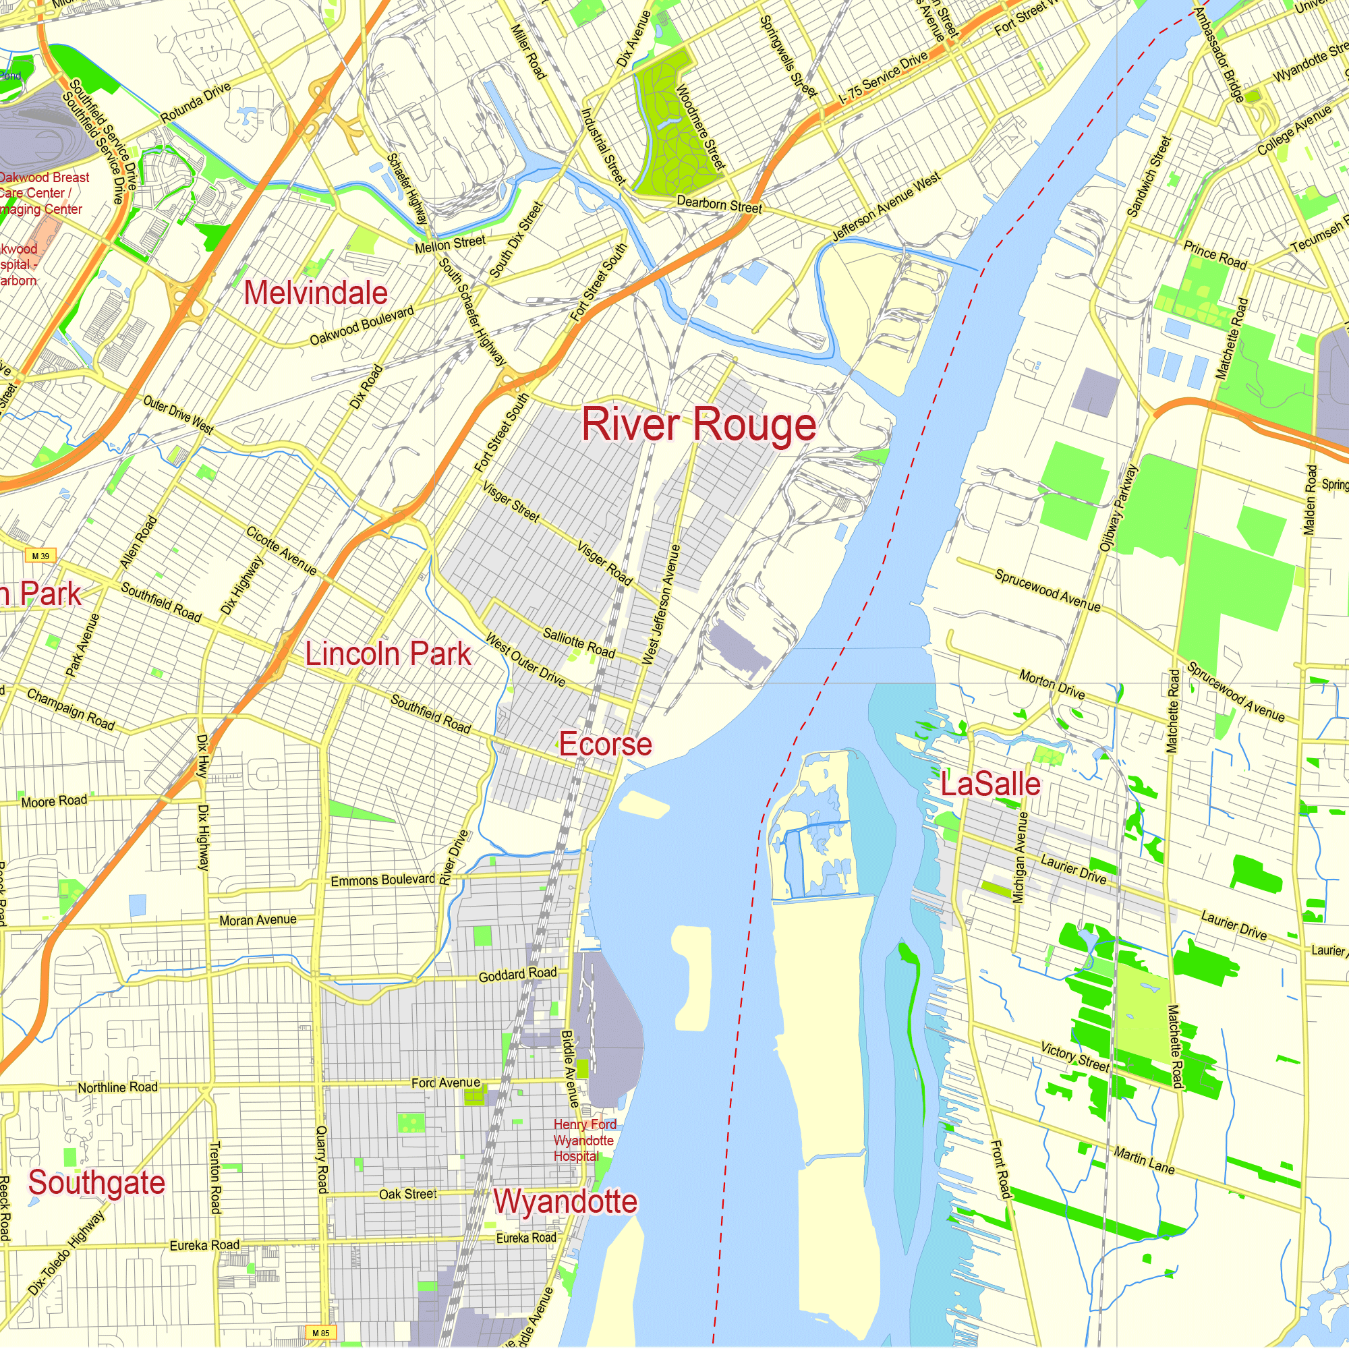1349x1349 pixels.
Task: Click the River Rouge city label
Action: (x=699, y=424)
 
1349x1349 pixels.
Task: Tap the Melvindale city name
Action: (x=316, y=293)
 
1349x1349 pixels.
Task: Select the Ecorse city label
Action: (x=606, y=745)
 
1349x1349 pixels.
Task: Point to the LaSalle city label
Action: (x=990, y=784)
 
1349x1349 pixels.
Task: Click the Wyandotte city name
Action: (x=565, y=1202)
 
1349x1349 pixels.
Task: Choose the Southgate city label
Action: (x=96, y=1183)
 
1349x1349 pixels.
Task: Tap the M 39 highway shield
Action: (x=41, y=556)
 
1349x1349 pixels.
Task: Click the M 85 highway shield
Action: (x=320, y=1333)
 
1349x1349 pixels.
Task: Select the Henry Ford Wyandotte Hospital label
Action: (x=583, y=1140)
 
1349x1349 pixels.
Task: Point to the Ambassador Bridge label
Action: (x=1219, y=55)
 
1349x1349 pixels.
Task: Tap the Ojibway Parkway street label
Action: (x=1118, y=509)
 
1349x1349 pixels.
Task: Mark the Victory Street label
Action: (x=1074, y=1056)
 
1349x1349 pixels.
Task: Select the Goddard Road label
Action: (x=517, y=974)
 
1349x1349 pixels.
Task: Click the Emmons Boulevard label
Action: (x=382, y=880)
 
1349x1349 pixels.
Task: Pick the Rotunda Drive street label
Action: (x=196, y=103)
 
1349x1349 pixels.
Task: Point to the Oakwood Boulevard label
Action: (x=362, y=325)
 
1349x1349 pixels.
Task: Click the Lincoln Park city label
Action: (x=389, y=654)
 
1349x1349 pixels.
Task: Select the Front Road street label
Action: (x=1001, y=1170)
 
